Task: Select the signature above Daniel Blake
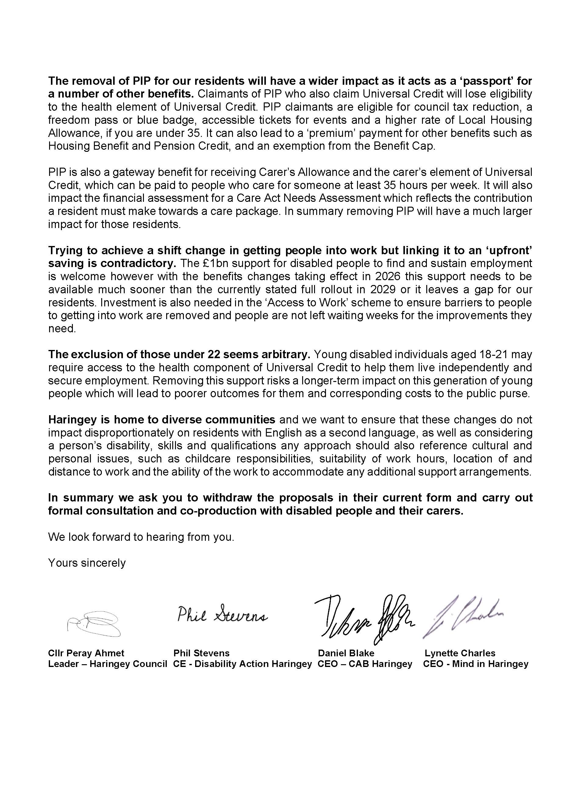tap(365, 619)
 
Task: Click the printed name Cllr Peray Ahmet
tap(86, 653)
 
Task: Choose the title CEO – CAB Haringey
tap(365, 664)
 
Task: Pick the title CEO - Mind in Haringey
tap(476, 664)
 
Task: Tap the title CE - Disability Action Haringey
tap(242, 664)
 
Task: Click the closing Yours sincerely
tap(87, 563)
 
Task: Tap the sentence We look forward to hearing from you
tap(141, 537)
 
